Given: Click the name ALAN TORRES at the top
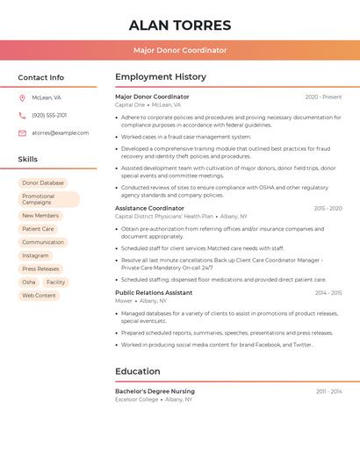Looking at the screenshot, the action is point(180,25).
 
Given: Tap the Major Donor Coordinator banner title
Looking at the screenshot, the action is point(180,51).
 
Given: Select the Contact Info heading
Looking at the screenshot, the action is point(41,77).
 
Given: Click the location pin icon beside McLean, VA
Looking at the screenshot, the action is point(22,97).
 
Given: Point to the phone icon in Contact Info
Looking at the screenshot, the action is point(22,115).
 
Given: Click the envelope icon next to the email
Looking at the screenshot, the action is point(22,133).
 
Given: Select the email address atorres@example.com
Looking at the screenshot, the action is point(61,133).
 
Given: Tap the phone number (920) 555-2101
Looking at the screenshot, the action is point(49,115).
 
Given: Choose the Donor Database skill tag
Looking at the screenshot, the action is point(43,182).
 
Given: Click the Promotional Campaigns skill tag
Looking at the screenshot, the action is point(48,199).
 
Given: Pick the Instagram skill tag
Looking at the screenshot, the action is point(36,255).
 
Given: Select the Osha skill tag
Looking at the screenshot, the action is point(29,282).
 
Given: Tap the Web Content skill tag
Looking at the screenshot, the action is point(39,296).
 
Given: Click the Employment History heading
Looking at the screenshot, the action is point(161,77).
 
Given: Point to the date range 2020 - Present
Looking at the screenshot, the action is point(323,97).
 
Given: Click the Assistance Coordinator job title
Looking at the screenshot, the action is point(149,208).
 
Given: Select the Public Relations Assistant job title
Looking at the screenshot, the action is point(154,292).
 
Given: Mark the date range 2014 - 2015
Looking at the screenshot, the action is point(328,293).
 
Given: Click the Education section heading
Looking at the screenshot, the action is point(138,371).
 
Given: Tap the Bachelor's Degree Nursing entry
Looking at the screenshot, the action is point(155,391).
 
